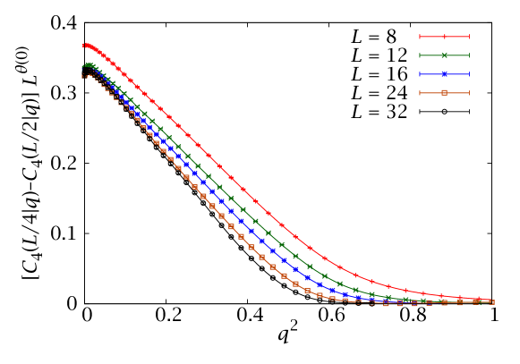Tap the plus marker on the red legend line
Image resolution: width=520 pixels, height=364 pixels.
coord(445,37)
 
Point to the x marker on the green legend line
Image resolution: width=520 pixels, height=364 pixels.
coord(445,55)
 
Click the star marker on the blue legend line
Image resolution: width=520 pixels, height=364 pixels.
coord(445,74)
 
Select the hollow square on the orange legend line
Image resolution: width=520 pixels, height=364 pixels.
coord(445,93)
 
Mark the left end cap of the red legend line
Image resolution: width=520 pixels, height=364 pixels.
coord(420,37)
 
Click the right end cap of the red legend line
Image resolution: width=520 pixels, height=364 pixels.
coord(470,37)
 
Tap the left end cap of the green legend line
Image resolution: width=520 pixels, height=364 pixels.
coord(420,55)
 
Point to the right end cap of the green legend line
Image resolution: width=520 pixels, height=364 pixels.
coord(470,55)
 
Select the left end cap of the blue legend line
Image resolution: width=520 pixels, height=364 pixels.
coord(420,74)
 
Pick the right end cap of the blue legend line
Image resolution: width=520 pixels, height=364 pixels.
coord(470,74)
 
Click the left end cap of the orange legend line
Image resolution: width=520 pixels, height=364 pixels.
coord(420,93)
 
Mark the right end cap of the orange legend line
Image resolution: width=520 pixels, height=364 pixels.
coord(470,93)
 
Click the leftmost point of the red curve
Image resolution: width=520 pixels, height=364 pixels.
coord(83,45)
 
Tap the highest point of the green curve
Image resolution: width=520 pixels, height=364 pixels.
coord(87,64)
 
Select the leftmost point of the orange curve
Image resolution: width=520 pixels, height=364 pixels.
coord(83,76)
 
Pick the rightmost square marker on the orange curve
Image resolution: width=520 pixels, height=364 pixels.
coord(491,302)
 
